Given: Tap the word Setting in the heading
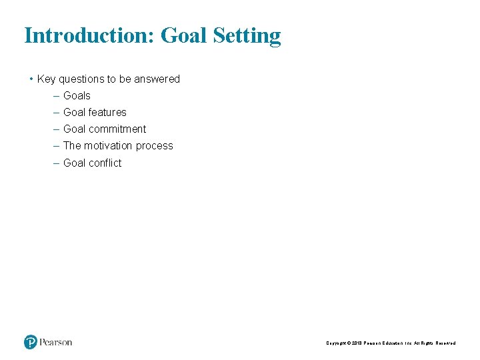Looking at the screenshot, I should (x=247, y=36).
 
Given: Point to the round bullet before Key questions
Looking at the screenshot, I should (x=31, y=79).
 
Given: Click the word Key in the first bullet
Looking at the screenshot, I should (x=46, y=79).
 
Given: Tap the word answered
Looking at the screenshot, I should (x=159, y=79).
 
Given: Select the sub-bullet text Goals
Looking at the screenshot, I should (x=77, y=96).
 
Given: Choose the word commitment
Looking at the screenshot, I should (x=117, y=129).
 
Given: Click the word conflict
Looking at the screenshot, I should (x=105, y=163).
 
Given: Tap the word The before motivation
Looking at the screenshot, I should (x=71, y=146).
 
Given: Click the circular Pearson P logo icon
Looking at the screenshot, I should (x=31, y=342).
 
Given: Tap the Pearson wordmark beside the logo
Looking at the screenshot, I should (x=56, y=343).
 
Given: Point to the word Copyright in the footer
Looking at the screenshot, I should (x=337, y=343).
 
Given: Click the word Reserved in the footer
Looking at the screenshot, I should (x=445, y=343).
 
